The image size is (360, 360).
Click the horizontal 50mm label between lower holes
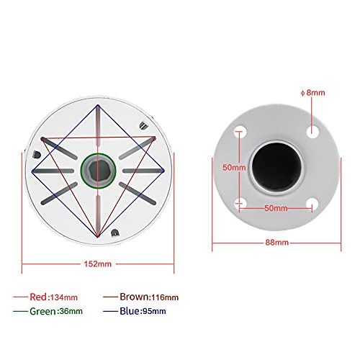pyautogui.click(x=276, y=208)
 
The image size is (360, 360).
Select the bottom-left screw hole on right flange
pyautogui.click(x=240, y=202)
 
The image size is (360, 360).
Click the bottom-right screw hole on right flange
pyautogui.click(x=312, y=202)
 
